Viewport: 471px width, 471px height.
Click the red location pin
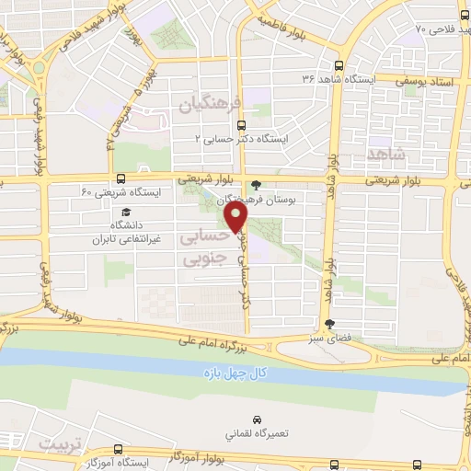point(237,216)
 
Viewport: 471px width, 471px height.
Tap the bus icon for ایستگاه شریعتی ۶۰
point(122,179)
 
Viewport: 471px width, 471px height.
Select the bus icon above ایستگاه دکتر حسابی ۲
point(241,125)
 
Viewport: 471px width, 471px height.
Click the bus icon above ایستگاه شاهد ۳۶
point(339,66)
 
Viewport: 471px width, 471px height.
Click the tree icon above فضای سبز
point(329,324)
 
